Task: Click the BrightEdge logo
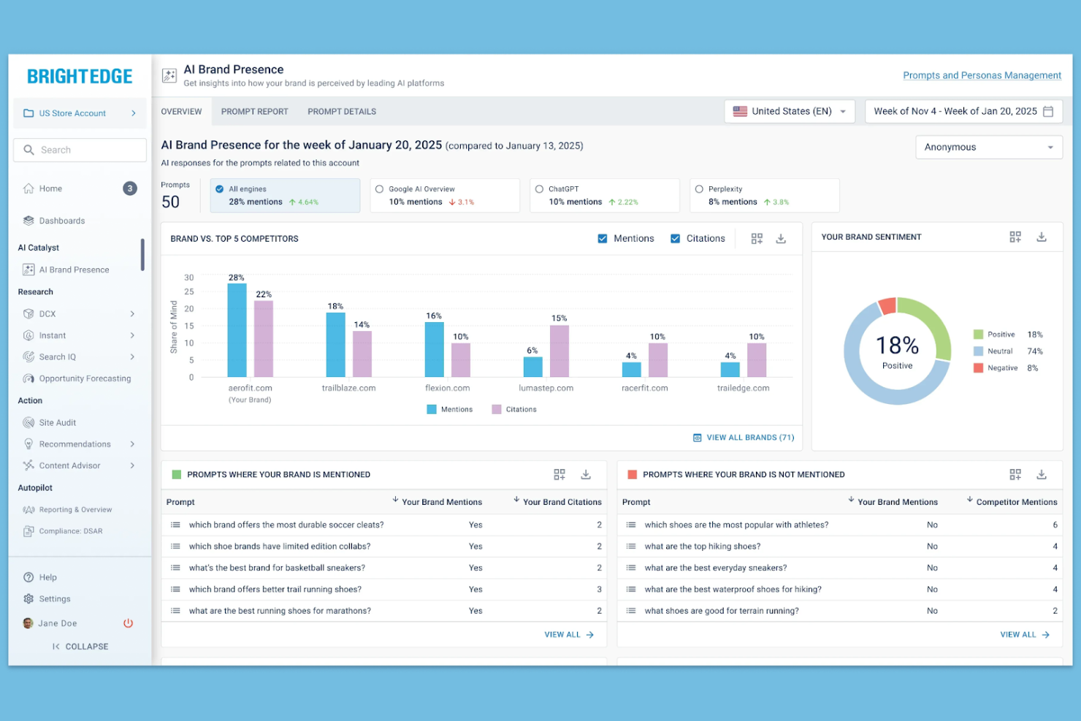click(x=80, y=77)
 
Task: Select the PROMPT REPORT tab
click(x=254, y=112)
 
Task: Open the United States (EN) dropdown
click(x=790, y=112)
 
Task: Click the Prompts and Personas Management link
click(x=982, y=75)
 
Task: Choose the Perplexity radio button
click(x=699, y=189)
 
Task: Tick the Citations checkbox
click(x=676, y=239)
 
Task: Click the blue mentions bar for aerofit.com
click(x=237, y=330)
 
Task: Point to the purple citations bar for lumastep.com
click(x=559, y=351)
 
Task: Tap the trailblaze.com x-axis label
click(x=348, y=388)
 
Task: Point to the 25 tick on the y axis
click(x=189, y=292)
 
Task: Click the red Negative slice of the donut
click(x=887, y=306)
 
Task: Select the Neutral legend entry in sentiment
click(x=1000, y=351)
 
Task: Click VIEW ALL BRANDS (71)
click(x=744, y=438)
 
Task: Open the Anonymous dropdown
click(x=988, y=148)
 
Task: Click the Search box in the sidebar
click(x=80, y=150)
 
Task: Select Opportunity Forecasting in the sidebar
click(x=85, y=378)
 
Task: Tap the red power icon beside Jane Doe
click(x=128, y=623)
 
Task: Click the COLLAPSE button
click(x=80, y=646)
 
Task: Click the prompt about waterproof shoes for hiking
click(x=733, y=590)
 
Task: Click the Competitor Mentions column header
click(x=1016, y=502)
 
